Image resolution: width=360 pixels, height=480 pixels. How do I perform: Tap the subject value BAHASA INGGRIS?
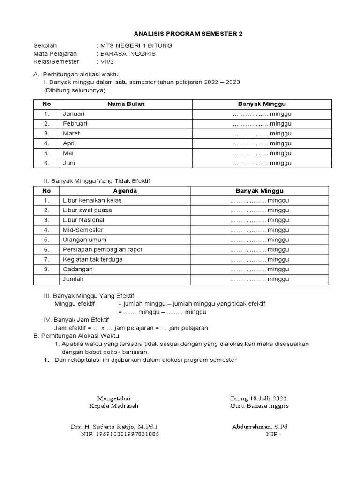click(127, 53)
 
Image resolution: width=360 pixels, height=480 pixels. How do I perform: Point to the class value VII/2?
click(105, 61)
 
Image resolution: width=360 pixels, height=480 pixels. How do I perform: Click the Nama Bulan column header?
click(126, 104)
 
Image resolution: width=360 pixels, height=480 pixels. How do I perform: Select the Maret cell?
click(71, 134)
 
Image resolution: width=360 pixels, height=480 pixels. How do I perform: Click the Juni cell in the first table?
click(69, 163)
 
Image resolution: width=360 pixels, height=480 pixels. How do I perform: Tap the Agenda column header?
click(125, 191)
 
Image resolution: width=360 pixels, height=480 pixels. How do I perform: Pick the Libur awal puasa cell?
click(87, 210)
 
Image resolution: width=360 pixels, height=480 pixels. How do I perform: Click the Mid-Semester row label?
click(83, 230)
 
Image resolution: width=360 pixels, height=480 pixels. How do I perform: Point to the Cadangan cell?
click(78, 270)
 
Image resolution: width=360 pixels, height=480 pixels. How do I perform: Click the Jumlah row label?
click(73, 279)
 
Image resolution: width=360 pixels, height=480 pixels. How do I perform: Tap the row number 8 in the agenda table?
click(46, 270)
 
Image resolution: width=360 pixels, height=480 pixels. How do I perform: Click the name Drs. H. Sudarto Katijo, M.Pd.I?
click(114, 427)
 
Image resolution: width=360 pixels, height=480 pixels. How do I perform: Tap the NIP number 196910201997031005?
click(120, 435)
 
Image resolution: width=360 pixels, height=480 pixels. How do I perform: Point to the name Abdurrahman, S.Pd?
click(259, 427)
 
